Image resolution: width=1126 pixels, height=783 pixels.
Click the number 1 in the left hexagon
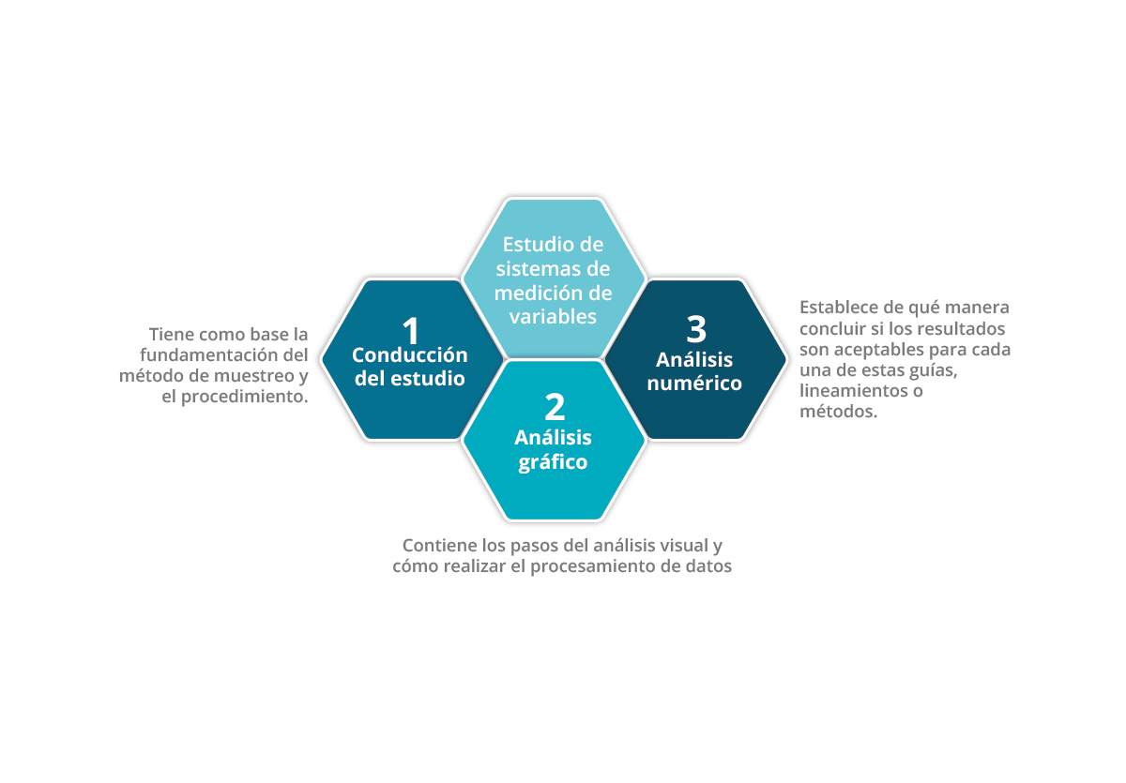(x=411, y=330)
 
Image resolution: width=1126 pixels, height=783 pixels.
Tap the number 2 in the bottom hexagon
(x=555, y=407)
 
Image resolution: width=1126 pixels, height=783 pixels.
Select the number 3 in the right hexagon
(x=696, y=329)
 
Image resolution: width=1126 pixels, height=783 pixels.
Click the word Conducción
(x=410, y=355)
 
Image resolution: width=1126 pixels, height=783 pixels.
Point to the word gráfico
(x=553, y=462)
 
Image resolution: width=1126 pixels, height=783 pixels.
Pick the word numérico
(x=694, y=384)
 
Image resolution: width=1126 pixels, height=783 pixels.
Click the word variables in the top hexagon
(x=553, y=317)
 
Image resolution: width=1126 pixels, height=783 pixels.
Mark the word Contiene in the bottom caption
(x=440, y=546)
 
